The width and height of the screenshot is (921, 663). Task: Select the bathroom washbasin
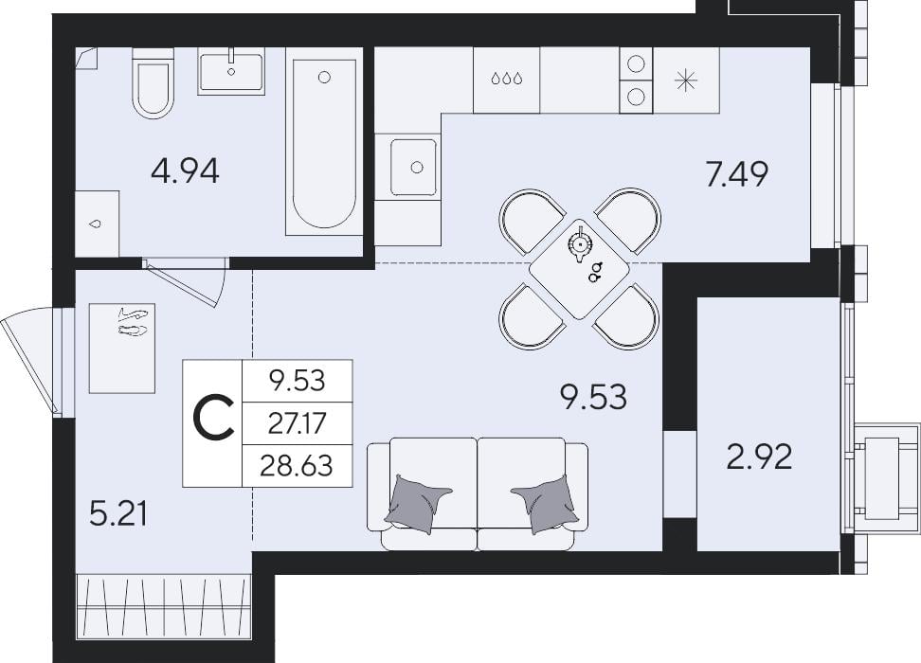coord(230,72)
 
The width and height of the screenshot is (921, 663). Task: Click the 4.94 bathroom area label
coord(185,172)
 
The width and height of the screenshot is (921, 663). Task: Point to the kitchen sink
coord(413,168)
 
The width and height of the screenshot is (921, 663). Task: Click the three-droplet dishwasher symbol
coord(506,79)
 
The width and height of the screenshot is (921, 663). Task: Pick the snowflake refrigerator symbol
coord(687,80)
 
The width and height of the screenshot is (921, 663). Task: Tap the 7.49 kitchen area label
coord(736,174)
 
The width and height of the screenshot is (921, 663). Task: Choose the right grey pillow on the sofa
coord(544,503)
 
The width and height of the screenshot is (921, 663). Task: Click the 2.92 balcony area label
coord(760,457)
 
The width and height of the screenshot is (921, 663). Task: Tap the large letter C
coord(214,418)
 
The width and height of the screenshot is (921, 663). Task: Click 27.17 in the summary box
coord(297,422)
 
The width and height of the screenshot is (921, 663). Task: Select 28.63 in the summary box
coord(297,466)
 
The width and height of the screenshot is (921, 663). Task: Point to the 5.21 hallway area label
coord(118,514)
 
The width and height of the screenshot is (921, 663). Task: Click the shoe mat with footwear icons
coord(122,349)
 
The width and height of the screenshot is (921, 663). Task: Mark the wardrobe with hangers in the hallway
coord(164,605)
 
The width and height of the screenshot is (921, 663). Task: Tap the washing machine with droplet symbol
coord(97,224)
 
